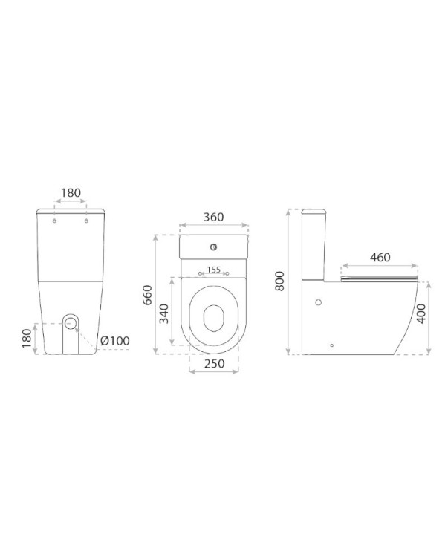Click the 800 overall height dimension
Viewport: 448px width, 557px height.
[280, 281]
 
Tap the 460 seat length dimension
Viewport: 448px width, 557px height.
[380, 257]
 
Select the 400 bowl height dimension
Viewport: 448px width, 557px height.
[421, 313]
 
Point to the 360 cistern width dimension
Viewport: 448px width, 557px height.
[213, 217]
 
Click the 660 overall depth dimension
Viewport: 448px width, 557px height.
[147, 295]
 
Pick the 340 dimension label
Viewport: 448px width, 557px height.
[163, 313]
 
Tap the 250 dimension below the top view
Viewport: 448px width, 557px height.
[214, 363]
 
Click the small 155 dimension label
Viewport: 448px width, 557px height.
[214, 270]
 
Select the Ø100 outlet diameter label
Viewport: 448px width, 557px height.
[114, 341]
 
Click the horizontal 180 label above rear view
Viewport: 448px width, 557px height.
[71, 193]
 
